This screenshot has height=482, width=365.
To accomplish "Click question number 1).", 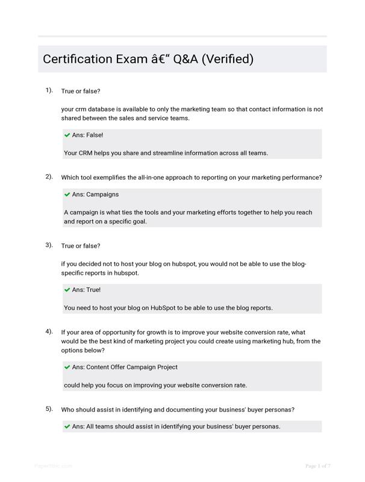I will [49, 90].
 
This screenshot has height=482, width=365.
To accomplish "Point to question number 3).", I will [49, 245].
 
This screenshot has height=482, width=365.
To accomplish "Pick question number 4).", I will [49, 331].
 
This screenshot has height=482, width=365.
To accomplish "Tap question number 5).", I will [49, 409].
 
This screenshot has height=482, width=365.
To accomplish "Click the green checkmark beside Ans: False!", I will [67, 135].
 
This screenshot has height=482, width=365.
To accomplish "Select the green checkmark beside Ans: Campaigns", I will [67, 195].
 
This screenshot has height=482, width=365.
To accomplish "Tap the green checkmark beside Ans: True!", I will [67, 290].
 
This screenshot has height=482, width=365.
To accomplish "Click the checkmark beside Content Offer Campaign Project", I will [67, 367].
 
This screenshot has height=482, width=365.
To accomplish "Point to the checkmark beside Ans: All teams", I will [67, 427].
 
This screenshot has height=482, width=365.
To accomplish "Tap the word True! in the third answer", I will [93, 290].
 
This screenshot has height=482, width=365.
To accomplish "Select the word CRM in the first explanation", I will [88, 153].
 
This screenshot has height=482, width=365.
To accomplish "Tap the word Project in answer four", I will [165, 367].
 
